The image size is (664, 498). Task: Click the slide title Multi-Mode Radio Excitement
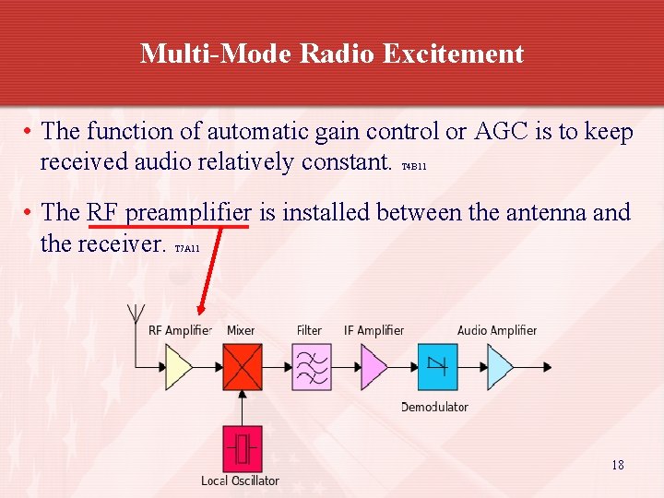coord(332,53)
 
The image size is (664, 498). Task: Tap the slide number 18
coord(618,465)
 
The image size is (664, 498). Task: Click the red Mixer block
coord(243,367)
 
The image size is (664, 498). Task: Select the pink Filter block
coord(312,367)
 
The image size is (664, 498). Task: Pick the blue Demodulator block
coord(437,367)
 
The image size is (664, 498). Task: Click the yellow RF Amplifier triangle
coord(178,367)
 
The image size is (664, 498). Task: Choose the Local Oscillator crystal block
coord(243,449)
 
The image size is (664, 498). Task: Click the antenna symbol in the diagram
coord(136,312)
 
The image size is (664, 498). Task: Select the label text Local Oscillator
coord(240,480)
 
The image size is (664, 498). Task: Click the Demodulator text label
coord(434,407)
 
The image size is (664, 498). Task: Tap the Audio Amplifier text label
coord(497,330)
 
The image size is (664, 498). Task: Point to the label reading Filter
coord(309,330)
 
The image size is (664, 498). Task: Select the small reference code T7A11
coord(186,249)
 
